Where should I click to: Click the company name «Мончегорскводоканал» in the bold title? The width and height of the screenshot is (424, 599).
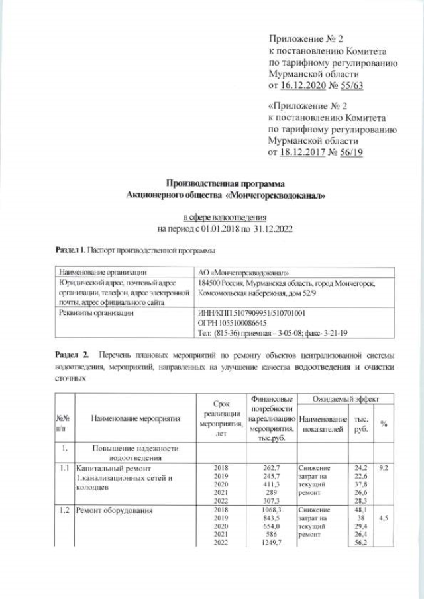pos(277,195)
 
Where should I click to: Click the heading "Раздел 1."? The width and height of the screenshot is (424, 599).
pos(70,251)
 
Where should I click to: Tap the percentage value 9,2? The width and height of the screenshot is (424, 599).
pos(384,468)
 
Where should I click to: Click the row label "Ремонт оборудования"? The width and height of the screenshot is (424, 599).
pos(114,510)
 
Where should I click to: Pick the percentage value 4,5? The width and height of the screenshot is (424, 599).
pos(384,519)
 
